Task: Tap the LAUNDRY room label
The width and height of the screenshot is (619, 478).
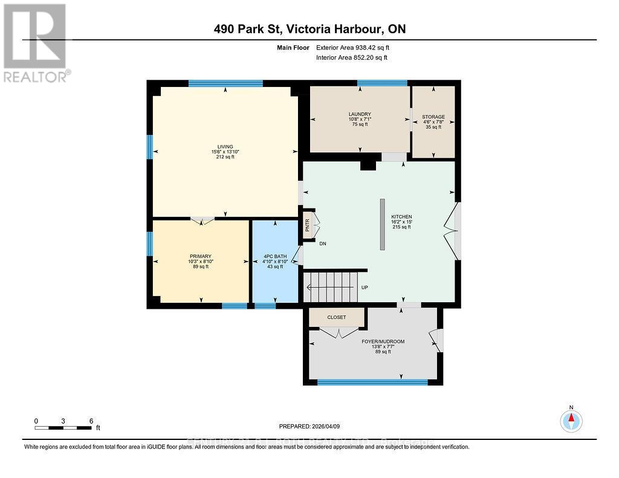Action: [360, 114]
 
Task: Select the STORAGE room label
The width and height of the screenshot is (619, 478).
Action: [433, 117]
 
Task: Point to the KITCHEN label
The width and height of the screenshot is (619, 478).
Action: [401, 216]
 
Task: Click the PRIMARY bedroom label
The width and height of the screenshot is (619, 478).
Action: [200, 256]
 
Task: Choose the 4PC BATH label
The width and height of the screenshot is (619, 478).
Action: [274, 256]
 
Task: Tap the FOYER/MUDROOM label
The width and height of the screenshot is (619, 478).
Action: [383, 341]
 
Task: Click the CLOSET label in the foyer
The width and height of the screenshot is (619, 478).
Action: [337, 317]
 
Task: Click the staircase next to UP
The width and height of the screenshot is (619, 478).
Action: [329, 286]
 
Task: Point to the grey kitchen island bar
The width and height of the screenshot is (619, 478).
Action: [382, 224]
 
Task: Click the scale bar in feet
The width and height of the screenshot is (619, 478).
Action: [63, 428]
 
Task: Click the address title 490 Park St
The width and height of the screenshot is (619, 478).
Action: [309, 29]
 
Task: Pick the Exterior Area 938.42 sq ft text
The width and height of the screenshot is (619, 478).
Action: [357, 47]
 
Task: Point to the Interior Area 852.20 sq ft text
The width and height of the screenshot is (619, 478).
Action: [351, 57]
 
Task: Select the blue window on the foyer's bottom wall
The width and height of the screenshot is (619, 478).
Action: [372, 382]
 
